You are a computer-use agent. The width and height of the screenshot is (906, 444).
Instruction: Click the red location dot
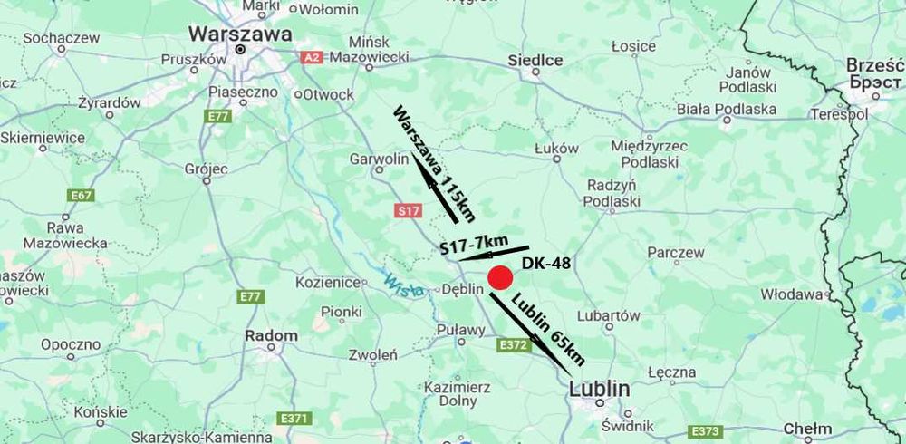(500, 278)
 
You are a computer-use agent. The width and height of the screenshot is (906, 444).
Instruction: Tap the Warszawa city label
(240, 34)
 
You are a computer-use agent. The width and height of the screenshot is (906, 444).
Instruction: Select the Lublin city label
(599, 389)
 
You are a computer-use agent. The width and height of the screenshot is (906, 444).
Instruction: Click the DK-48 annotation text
(545, 264)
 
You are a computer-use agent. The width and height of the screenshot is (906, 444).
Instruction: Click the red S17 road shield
(409, 211)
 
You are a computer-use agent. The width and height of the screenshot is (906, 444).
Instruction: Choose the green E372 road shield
(513, 344)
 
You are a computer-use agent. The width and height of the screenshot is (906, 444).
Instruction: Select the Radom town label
(271, 335)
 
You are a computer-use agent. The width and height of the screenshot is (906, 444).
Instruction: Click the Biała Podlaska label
(727, 110)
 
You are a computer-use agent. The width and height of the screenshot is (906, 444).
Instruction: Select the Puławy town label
(460, 330)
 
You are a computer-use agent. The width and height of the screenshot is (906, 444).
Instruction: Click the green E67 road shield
(82, 196)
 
